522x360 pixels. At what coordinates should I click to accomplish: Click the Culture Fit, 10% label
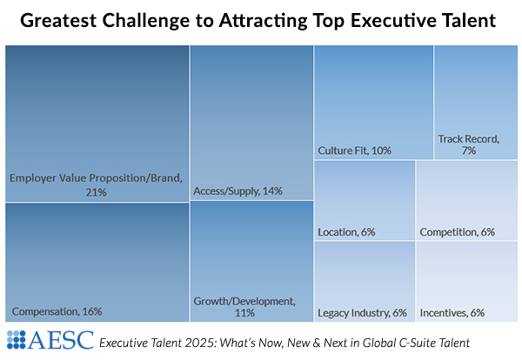click(354, 150)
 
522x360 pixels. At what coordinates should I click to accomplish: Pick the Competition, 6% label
click(457, 232)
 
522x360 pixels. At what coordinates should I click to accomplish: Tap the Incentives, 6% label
click(452, 312)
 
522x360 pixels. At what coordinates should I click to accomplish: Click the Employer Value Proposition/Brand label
click(96, 178)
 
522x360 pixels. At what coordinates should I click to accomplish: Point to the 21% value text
click(96, 191)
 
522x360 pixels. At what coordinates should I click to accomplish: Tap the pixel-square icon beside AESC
click(17, 339)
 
